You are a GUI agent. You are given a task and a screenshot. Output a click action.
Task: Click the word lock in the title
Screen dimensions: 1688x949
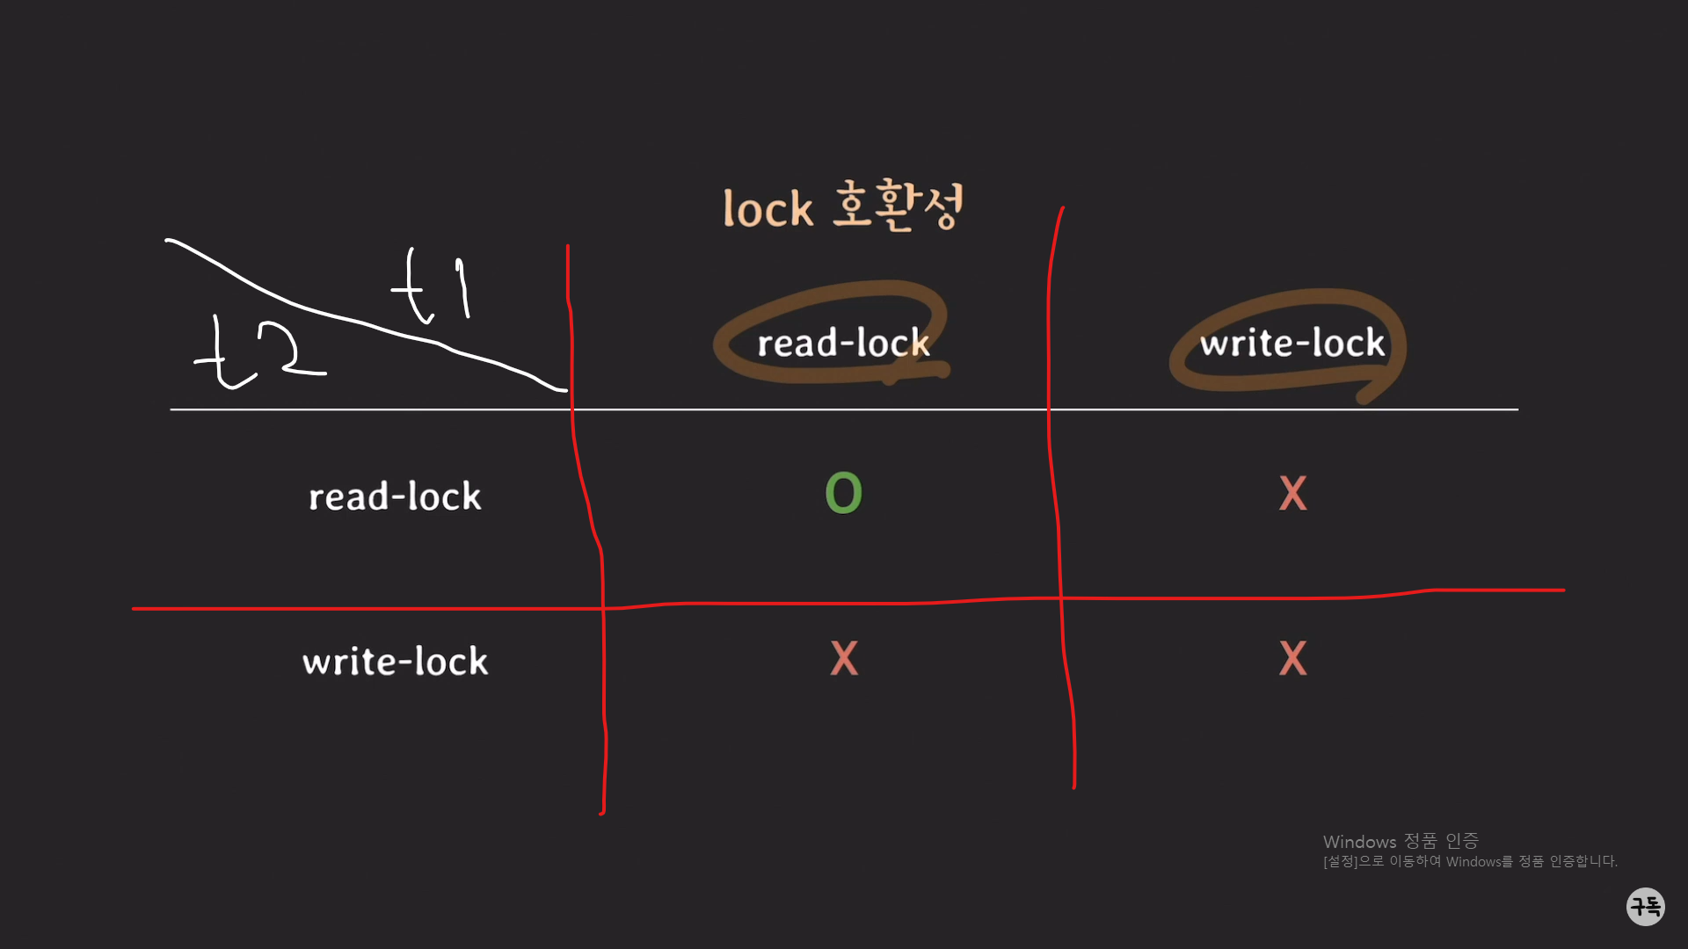tap(768, 209)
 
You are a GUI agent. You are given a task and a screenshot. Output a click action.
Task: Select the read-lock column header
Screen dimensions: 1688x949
tap(843, 343)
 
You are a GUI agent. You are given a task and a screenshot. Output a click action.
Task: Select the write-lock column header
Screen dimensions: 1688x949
tap(1291, 343)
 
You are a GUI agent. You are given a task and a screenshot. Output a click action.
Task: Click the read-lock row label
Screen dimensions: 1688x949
tap(395, 496)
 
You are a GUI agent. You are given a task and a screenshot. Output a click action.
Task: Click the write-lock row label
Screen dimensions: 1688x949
tap(395, 661)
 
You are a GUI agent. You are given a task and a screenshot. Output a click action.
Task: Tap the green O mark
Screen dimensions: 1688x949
tap(843, 493)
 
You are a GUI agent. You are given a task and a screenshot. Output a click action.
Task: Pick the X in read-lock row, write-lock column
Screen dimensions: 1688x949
tap(1292, 493)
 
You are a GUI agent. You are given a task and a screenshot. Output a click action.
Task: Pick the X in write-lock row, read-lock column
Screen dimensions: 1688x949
tap(844, 658)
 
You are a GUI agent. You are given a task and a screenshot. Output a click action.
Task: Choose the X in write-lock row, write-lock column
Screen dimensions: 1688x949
tap(1292, 658)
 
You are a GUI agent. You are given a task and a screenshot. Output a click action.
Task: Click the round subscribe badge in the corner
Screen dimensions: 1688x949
tap(1645, 906)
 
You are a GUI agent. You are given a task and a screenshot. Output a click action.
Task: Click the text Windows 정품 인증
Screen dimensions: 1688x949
tap(1401, 842)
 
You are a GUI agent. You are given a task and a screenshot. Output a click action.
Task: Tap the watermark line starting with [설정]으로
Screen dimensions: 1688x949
tap(1470, 862)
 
